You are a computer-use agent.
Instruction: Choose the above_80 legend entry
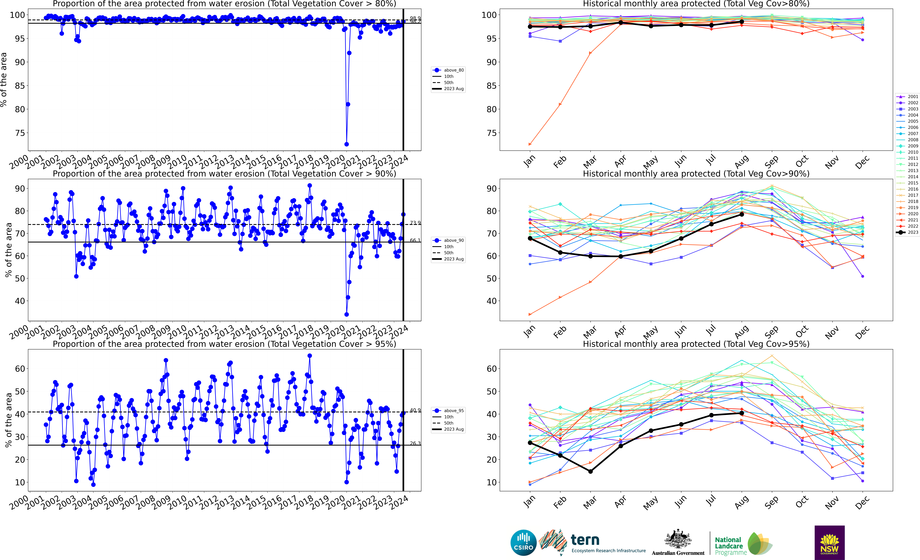pos(448,70)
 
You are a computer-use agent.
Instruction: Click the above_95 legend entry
pos(448,411)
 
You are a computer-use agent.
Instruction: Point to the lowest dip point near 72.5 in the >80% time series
pos(346,144)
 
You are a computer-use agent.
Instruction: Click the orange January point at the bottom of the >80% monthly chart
pos(530,144)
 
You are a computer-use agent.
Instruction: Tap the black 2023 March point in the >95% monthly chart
pos(590,472)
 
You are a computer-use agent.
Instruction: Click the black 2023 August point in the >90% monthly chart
pos(742,214)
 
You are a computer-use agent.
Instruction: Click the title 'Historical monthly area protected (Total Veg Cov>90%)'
pos(696,174)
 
